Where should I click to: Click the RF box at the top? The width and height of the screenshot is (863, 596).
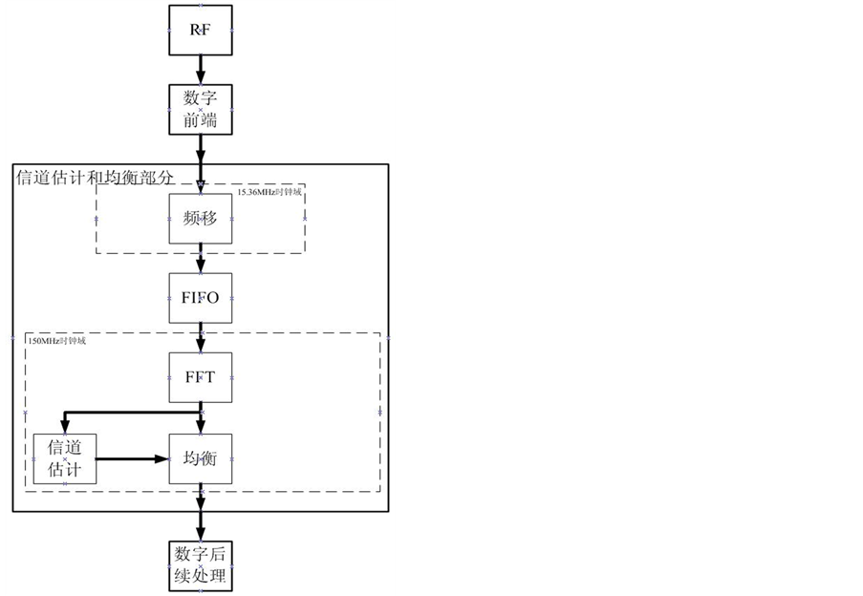[201, 30]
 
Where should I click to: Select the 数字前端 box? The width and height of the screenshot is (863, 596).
[201, 110]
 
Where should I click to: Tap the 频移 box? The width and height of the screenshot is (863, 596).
[201, 218]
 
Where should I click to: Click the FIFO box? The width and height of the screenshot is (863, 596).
[201, 297]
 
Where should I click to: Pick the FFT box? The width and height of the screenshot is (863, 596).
[201, 375]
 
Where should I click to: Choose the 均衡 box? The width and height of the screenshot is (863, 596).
[201, 458]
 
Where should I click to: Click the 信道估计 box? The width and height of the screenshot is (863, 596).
[65, 458]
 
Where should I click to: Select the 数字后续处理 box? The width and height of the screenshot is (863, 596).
[201, 566]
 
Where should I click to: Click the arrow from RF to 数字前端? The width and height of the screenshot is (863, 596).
[201, 70]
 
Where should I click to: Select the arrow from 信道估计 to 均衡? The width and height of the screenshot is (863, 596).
[133, 458]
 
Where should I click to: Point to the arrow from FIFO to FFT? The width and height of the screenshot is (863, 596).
[201, 336]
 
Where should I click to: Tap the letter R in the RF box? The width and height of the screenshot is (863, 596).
[194, 30]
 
